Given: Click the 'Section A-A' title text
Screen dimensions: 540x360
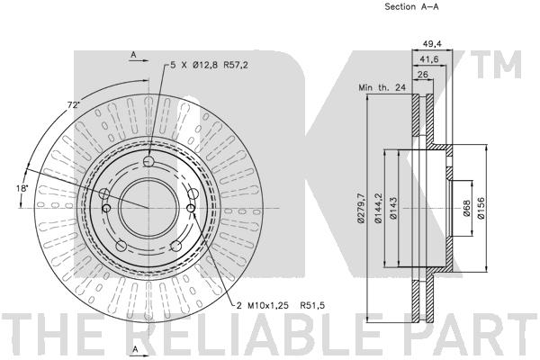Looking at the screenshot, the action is tap(411, 6).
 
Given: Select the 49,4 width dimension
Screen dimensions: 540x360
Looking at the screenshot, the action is tap(432, 44).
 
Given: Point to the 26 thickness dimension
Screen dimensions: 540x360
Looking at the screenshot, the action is tap(422, 74).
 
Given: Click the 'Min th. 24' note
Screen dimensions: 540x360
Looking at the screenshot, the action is tap(382, 87).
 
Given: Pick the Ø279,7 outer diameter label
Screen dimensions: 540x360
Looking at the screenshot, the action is tap(361, 209).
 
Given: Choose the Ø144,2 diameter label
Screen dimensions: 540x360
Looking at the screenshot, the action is tap(379, 209).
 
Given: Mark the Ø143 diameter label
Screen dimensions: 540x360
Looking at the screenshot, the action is tap(393, 208).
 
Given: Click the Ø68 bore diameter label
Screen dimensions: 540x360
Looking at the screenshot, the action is tap(466, 209).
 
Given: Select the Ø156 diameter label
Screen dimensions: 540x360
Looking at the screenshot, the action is tap(481, 208).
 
